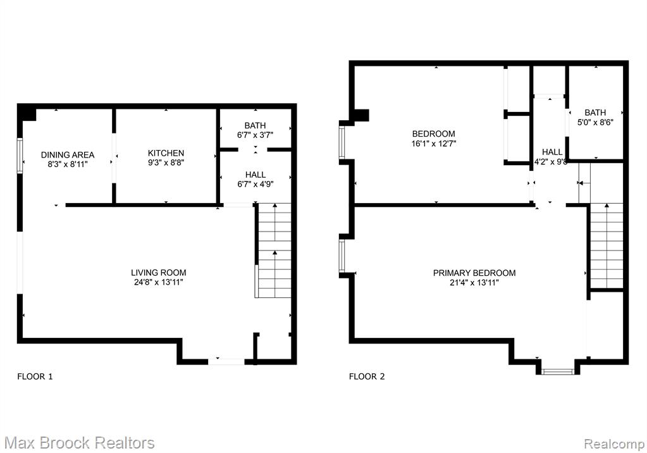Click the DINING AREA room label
(68, 155)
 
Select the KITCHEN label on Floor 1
(166, 153)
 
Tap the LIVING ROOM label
(159, 273)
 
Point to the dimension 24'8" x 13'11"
(159, 282)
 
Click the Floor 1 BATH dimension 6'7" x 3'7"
(255, 135)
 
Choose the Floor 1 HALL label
(256, 175)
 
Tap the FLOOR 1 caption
(35, 376)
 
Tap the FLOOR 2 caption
(367, 376)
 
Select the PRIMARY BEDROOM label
(474, 273)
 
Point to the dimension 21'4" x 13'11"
(474, 283)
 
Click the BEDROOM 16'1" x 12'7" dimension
(434, 144)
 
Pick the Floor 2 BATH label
(595, 113)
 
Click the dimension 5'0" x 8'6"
(595, 122)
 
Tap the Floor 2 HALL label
(552, 152)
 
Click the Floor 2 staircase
(606, 245)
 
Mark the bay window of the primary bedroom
(558, 371)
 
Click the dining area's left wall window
(20, 156)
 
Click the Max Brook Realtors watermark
(79, 443)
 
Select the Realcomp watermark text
(613, 444)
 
